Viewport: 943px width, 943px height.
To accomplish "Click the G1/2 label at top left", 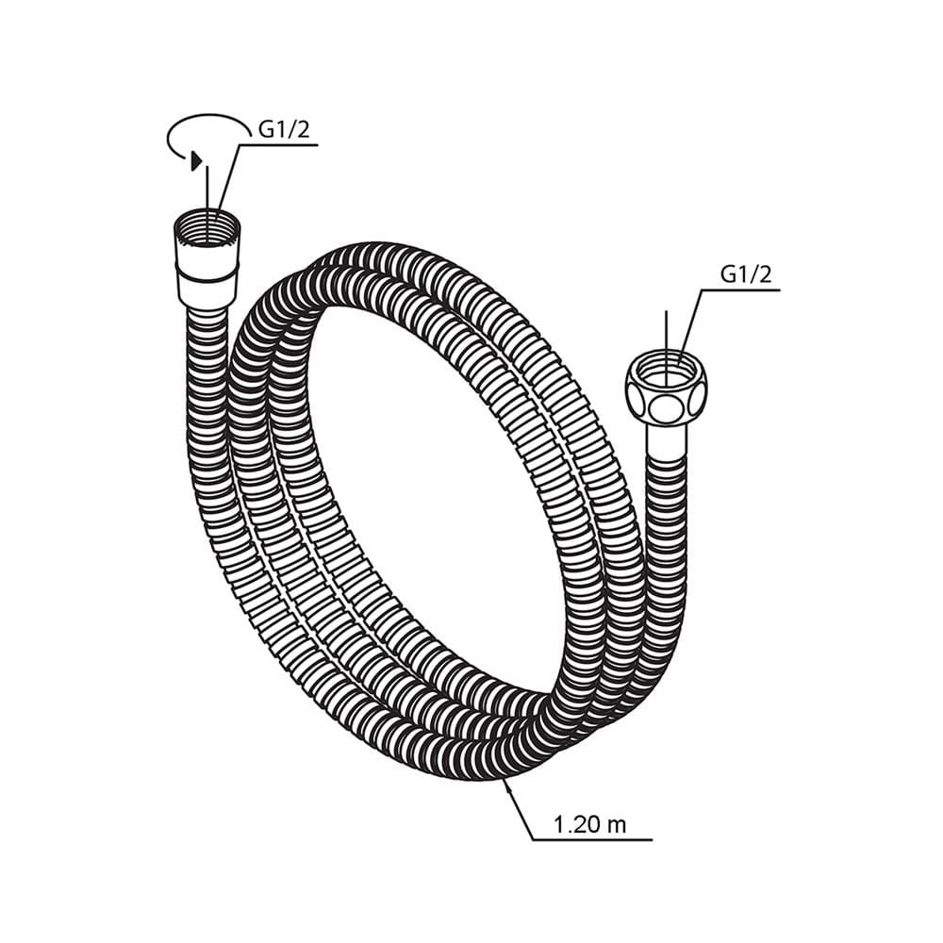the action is [x=284, y=129].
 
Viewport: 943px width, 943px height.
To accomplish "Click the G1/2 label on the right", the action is [x=745, y=274].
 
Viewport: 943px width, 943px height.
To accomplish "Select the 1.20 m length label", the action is [x=589, y=824].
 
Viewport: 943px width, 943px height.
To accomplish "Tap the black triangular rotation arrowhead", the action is [x=196, y=160].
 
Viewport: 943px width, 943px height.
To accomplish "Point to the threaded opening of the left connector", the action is [x=207, y=227].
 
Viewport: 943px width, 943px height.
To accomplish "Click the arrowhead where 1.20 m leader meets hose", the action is [x=507, y=785].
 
